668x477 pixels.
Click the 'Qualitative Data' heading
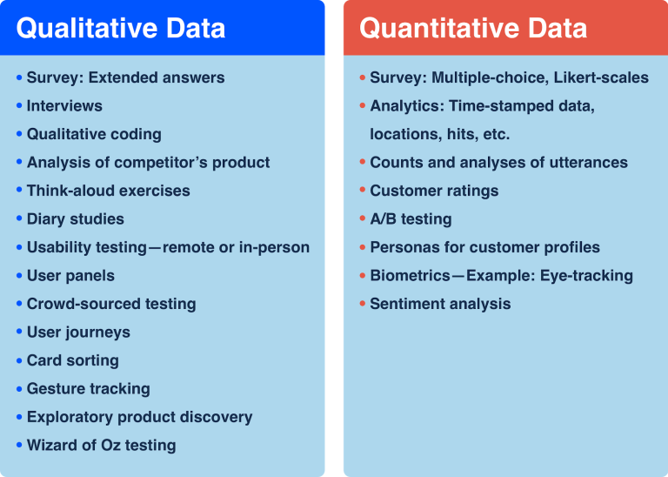121,28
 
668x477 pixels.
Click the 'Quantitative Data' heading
473,28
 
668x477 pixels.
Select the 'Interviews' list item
64,105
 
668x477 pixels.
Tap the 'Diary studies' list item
76,219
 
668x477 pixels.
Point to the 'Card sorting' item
73,360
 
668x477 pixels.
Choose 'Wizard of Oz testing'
102,446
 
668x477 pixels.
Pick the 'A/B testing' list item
411,219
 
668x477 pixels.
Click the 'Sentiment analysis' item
440,304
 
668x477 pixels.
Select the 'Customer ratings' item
434,191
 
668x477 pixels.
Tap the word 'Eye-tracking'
586,276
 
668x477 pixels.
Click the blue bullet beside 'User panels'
19,276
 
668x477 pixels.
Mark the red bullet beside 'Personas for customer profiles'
363,247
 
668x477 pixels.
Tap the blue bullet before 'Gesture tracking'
19,389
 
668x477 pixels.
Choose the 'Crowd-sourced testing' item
111,304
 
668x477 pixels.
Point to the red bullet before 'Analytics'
363,105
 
